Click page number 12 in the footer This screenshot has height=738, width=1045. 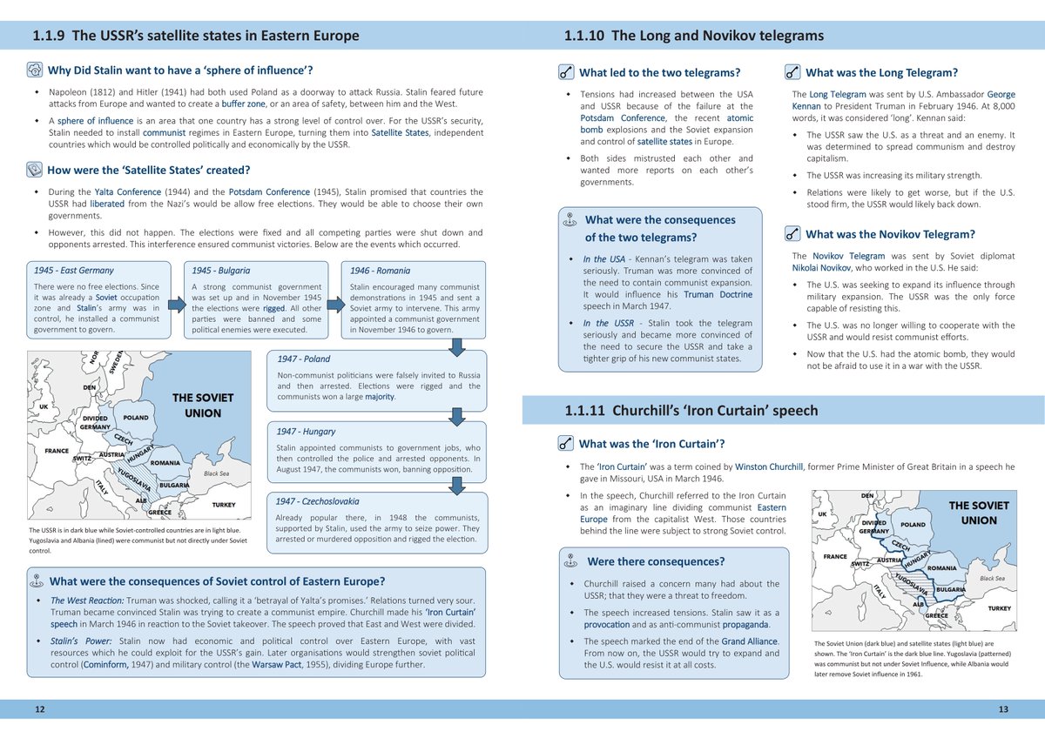coord(39,710)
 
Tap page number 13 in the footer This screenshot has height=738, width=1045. coord(1003,710)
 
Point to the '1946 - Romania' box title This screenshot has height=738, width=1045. coord(380,271)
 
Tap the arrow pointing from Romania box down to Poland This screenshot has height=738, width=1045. coord(455,347)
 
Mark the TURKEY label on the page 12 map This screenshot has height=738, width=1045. coord(224,505)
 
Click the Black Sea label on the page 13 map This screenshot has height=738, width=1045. coord(992,578)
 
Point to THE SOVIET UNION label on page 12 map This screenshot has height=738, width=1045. coord(203,406)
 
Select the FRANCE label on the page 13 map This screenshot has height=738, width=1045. coord(828,556)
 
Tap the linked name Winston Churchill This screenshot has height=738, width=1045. coord(767,466)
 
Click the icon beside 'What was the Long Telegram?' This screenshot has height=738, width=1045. coord(792,73)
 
